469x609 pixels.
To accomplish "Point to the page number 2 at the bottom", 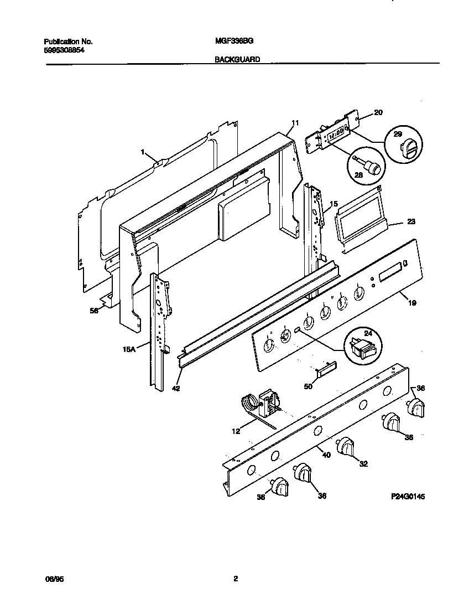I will click(235, 579).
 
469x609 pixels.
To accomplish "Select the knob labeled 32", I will click(347, 446).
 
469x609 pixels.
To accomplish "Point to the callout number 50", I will click(308, 386).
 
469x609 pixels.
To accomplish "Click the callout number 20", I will click(378, 112).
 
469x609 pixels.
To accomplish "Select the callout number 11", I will click(295, 122).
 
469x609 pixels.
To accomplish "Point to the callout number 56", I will click(94, 311).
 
